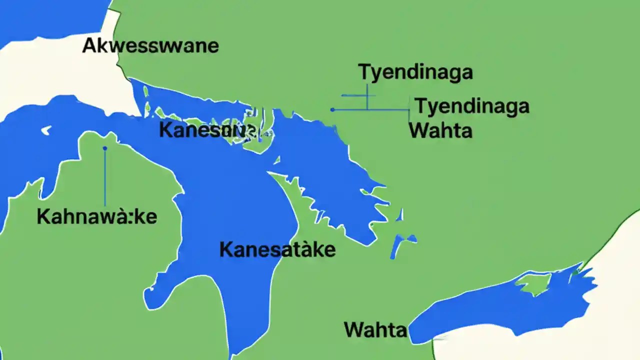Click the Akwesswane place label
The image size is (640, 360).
click(150, 45)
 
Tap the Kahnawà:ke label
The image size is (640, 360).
click(97, 217)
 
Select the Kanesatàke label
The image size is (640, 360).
click(277, 249)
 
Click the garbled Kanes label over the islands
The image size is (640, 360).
click(207, 131)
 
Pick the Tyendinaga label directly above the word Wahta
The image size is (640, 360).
click(472, 106)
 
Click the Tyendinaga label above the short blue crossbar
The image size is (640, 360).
click(415, 72)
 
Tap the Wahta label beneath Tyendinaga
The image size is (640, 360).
click(440, 130)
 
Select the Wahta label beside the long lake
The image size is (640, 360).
click(375, 329)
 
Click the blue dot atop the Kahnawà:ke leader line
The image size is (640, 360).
click(104, 148)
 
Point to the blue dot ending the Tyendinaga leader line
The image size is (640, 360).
click(332, 109)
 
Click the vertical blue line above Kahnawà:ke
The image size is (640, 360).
click(104, 177)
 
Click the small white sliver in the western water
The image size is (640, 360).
click(46, 130)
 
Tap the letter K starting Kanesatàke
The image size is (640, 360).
click(225, 249)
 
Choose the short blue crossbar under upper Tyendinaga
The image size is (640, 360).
click(354, 95)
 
